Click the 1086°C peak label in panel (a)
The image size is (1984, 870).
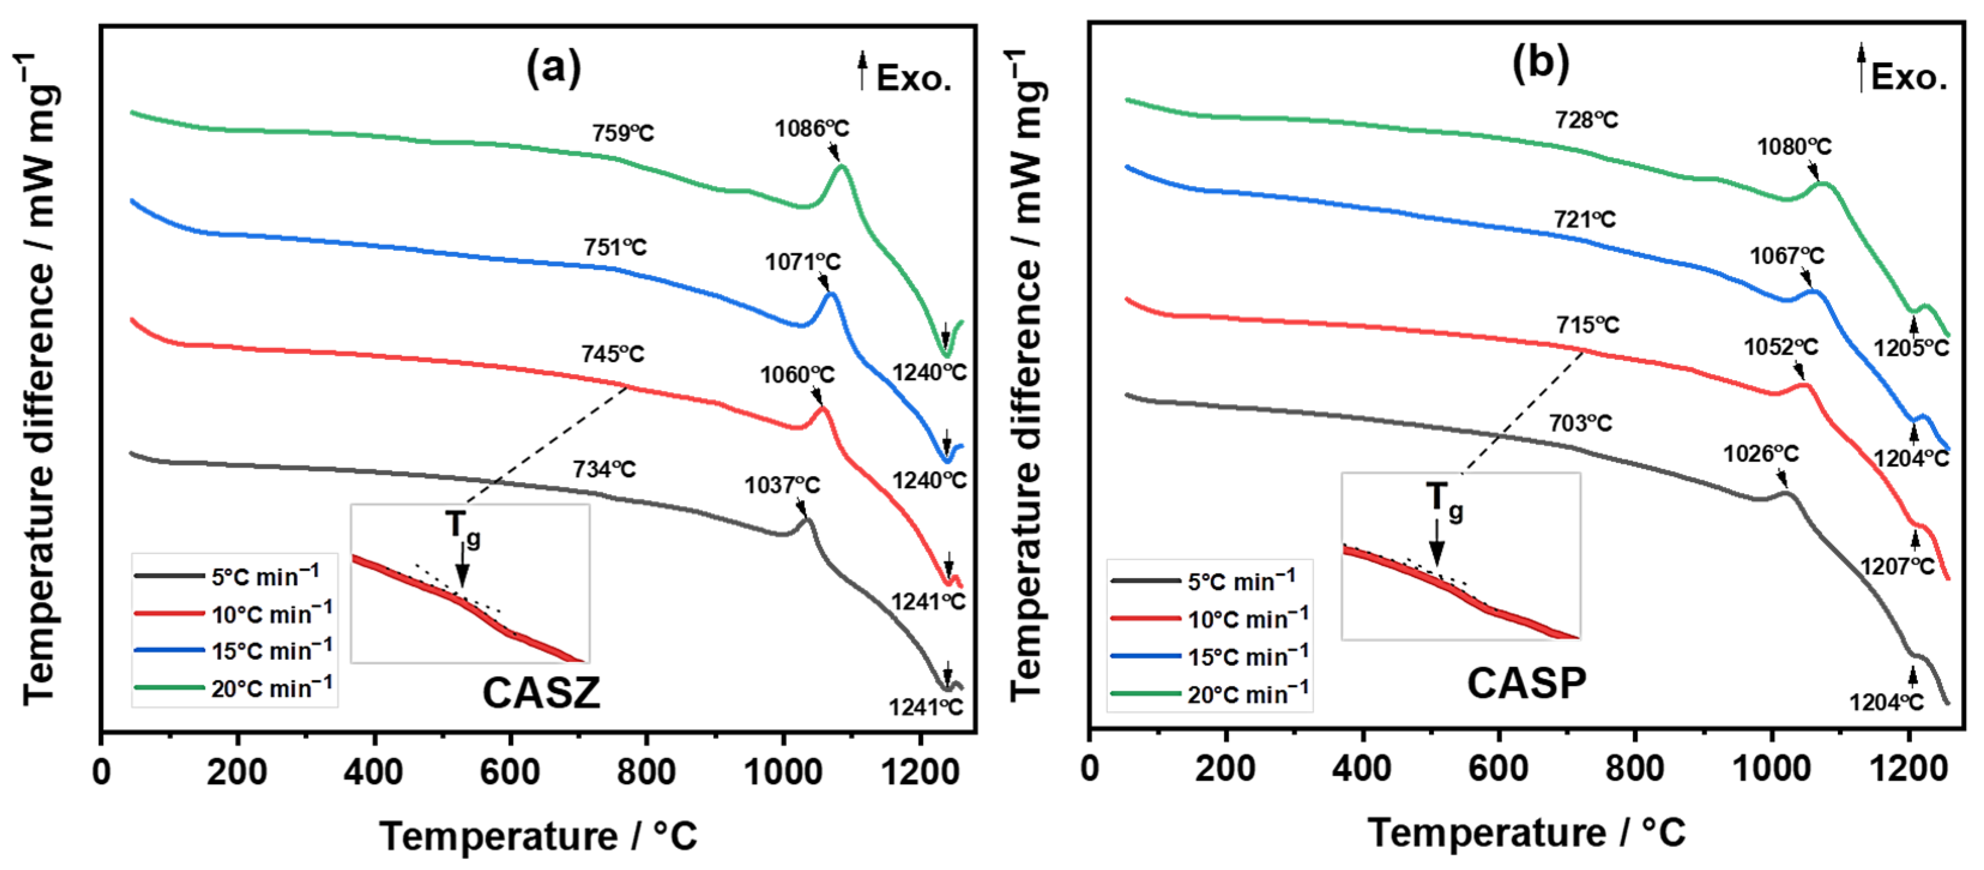[812, 129]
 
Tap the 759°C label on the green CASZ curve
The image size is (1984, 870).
[623, 133]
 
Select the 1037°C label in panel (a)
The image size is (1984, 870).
[782, 486]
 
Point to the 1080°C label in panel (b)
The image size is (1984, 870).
[1794, 146]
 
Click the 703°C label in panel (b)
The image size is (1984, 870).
[1580, 423]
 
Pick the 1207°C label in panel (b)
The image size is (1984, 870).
[1897, 567]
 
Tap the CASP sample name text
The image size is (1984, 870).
[1527, 684]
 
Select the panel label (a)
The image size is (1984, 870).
[553, 68]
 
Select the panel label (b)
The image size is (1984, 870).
[1541, 63]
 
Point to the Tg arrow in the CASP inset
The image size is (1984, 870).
[1436, 543]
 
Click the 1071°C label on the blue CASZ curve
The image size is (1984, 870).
[802, 263]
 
